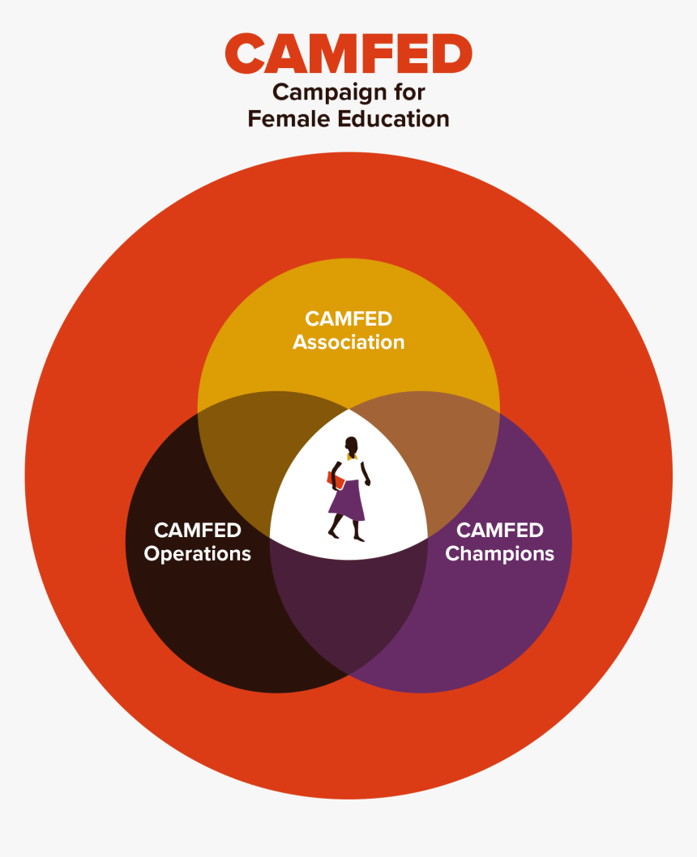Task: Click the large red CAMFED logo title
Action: coord(348,53)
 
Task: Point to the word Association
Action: coord(348,342)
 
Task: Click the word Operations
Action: coord(197,554)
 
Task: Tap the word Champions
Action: coord(500,554)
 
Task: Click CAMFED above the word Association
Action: coord(348,318)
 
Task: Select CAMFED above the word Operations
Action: coord(197,531)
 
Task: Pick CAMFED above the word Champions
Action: coord(500,531)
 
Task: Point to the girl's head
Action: coord(351,445)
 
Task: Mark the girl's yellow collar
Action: coord(352,456)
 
